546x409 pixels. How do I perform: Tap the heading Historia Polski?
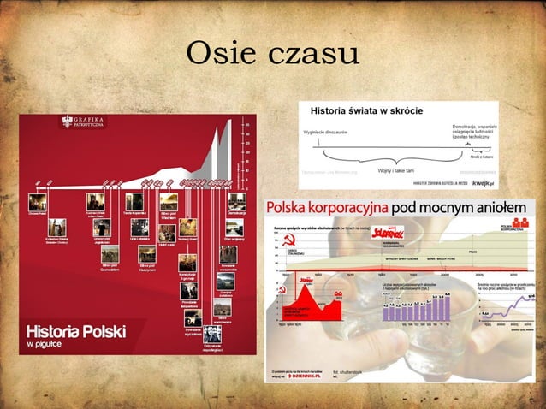pyautogui.click(x=76, y=329)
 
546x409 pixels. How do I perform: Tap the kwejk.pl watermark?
pyautogui.click(x=480, y=182)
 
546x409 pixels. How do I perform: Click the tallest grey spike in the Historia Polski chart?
pyautogui.click(x=228, y=137)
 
